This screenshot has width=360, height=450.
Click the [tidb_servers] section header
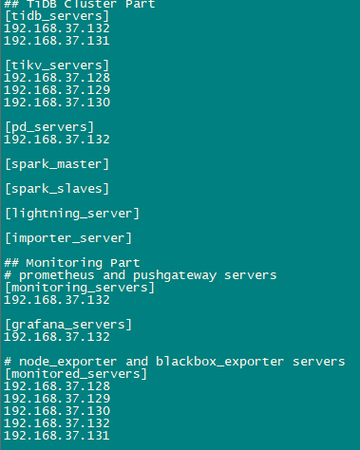57,16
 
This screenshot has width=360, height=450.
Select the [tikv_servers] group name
57,66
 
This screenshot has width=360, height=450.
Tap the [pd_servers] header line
49,127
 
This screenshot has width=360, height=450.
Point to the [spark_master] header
57,164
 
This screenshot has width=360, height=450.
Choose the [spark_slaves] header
57,189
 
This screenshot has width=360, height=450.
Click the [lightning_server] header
72,214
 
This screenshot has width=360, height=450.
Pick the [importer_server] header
68,238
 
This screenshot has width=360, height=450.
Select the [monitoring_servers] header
80,288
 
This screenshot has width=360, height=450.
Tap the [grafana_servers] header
68,325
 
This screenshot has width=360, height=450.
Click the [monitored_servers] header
76,374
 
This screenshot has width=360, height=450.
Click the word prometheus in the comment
57,275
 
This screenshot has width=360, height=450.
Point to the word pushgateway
175,275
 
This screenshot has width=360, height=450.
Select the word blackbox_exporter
219,362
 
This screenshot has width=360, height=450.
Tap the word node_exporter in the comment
68,362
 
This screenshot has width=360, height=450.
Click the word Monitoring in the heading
65,263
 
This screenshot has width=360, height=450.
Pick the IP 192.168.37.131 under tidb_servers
57,41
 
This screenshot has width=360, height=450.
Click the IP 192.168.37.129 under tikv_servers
57,90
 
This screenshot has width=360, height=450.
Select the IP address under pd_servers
57,140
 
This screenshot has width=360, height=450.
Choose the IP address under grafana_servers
57,337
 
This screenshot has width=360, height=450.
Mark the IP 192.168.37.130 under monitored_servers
57,411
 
